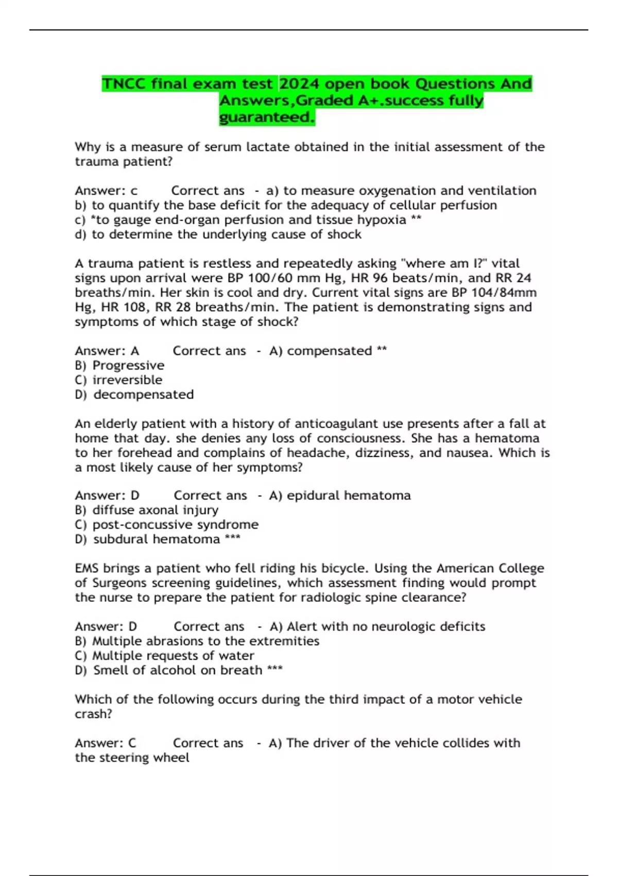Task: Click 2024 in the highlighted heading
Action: (300, 83)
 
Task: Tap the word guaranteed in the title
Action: (266, 117)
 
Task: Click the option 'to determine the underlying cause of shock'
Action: (227, 234)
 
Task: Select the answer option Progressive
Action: (128, 365)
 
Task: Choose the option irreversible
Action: (127, 380)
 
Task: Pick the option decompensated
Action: (144, 395)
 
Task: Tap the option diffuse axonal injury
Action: (155, 510)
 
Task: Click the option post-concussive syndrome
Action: (175, 525)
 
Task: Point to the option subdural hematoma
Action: (157, 540)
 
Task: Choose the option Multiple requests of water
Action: (173, 656)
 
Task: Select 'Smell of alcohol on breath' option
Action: (178, 670)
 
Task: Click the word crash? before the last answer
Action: (93, 714)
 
